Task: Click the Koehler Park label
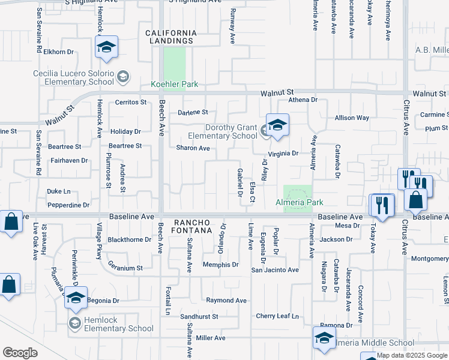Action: click(174, 85)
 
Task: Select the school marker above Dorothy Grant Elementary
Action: click(277, 125)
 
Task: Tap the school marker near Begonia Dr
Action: click(76, 298)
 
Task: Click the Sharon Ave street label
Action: click(193, 148)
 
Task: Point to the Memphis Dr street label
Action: click(220, 265)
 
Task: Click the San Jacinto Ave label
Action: click(274, 270)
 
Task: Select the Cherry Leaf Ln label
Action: click(277, 316)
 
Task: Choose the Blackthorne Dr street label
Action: click(129, 239)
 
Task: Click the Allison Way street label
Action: click(352, 118)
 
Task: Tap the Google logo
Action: click(20, 353)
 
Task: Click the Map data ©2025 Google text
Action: click(412, 355)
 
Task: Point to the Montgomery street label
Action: click(429, 259)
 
